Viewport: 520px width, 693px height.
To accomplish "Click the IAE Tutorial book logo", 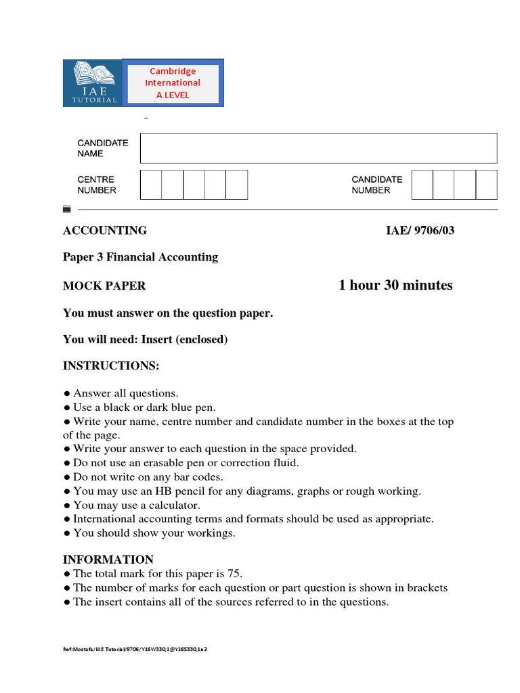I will point(92,83).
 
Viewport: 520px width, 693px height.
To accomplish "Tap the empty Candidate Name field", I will point(318,148).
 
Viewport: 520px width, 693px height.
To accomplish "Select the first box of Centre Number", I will point(150,185).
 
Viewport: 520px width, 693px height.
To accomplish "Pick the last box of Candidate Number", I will point(486,185).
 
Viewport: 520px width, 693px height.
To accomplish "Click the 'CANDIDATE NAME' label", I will point(102,148).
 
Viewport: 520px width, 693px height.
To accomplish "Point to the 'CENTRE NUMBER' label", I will point(96,185).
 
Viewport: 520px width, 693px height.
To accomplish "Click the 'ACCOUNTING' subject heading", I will point(105,231).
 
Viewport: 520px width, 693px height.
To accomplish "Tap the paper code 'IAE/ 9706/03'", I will point(420,231).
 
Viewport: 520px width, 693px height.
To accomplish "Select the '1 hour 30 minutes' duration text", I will point(395,285).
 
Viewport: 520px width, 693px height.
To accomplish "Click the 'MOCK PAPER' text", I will point(104,286).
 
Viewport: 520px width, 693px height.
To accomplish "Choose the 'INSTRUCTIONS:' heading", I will point(111,366).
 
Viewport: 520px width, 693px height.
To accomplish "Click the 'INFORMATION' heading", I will point(108,560).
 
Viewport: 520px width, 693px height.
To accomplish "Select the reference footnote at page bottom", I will point(135,649).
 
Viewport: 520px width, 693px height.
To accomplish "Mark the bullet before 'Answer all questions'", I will point(66,394).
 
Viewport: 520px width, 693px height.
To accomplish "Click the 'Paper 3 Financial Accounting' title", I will point(140,257).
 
